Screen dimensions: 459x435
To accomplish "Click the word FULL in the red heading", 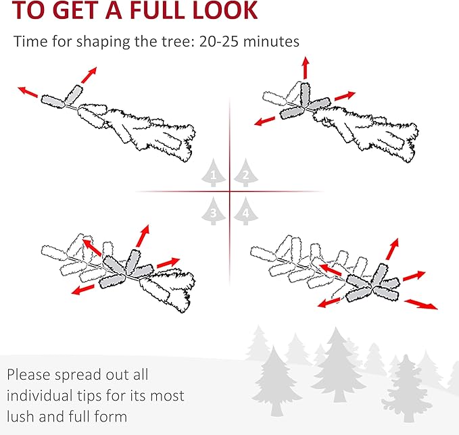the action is tap(157, 10).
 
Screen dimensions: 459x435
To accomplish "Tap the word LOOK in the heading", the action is tap(224, 10).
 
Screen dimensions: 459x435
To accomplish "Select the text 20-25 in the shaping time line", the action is tap(218, 41).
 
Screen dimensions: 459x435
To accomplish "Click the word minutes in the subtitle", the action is tap(271, 41).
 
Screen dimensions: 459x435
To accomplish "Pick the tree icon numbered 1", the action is tap(214, 173).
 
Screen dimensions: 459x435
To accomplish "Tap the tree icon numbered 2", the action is tap(245, 173).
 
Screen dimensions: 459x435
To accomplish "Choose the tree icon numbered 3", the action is tap(214, 211).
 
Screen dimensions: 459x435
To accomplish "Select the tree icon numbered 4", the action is tap(245, 211).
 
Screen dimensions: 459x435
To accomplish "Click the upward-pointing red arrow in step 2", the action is tap(306, 68).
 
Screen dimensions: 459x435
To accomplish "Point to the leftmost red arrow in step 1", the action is tap(28, 92).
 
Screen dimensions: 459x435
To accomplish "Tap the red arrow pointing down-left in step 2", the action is tap(264, 121).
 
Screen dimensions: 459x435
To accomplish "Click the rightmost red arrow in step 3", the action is tap(168, 262).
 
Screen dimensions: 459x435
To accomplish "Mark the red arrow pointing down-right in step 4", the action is tap(421, 304).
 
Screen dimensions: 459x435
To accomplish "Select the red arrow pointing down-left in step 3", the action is tap(83, 290).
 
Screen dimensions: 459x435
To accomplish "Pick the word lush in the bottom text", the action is tap(20, 417).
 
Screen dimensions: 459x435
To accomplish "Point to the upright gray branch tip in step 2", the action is tap(305, 94).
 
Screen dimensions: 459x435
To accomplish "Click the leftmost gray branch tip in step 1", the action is tap(53, 101).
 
